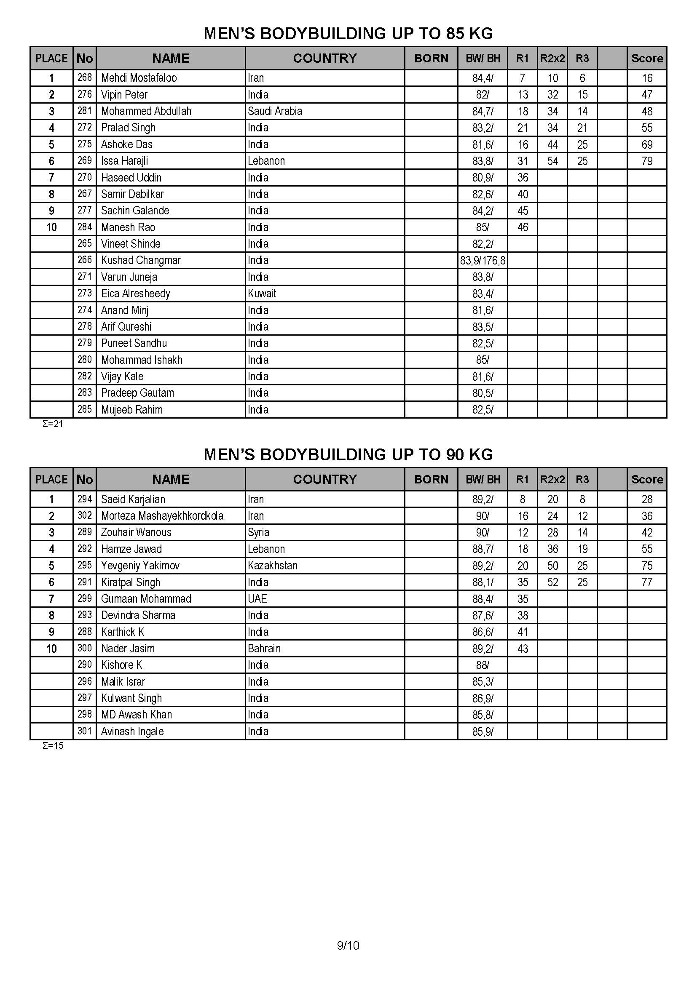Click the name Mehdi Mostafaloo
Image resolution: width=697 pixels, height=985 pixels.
pyautogui.click(x=139, y=78)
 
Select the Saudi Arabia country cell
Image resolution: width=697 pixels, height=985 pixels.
pyautogui.click(x=275, y=111)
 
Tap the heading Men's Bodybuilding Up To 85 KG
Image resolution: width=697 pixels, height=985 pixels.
pyautogui.click(x=348, y=33)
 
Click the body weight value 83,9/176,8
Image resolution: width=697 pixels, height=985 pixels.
pyautogui.click(x=483, y=260)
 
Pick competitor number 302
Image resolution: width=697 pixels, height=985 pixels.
pyautogui.click(x=85, y=516)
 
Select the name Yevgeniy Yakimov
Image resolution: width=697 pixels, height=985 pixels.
pyautogui.click(x=140, y=566)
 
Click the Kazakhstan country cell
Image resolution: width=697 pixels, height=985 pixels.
pyautogui.click(x=273, y=566)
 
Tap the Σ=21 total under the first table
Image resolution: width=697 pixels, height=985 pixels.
pyautogui.click(x=52, y=424)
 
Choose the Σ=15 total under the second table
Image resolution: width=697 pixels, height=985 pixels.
pyautogui.click(x=52, y=745)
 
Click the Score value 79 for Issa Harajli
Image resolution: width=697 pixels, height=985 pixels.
pyautogui.click(x=647, y=161)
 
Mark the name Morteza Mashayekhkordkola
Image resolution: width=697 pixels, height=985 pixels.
pyautogui.click(x=162, y=516)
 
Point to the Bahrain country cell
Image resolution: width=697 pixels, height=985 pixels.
pyautogui.click(x=264, y=648)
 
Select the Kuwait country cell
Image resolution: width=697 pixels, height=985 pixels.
pyautogui.click(x=262, y=294)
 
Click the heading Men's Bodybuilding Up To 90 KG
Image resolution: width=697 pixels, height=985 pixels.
pyautogui.click(x=348, y=455)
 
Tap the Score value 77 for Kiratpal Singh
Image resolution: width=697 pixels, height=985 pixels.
pyautogui.click(x=647, y=582)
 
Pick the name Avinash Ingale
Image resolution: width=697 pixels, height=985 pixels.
pyautogui.click(x=132, y=731)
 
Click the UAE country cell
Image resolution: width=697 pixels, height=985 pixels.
pyautogui.click(x=257, y=598)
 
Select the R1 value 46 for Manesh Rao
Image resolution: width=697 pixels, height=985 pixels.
pyautogui.click(x=522, y=227)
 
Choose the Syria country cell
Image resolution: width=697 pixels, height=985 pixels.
pyautogui.click(x=258, y=532)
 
